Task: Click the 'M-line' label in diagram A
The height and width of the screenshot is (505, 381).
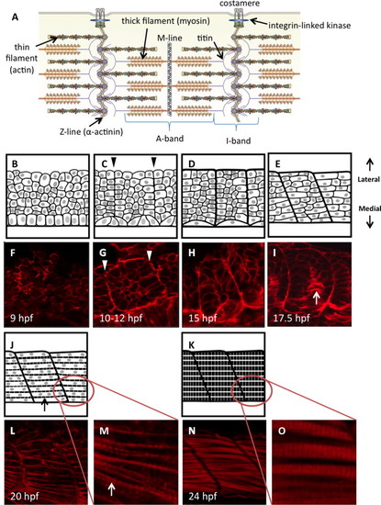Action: [x=170, y=38]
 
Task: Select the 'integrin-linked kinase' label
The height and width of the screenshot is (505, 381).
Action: [x=309, y=25]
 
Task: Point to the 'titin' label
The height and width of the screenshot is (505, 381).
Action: [x=205, y=38]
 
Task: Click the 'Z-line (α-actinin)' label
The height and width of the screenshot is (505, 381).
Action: [x=91, y=131]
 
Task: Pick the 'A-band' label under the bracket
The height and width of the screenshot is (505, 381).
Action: [x=170, y=139]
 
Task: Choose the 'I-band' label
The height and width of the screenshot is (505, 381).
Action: [x=239, y=140]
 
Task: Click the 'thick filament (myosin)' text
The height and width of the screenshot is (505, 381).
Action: [x=166, y=21]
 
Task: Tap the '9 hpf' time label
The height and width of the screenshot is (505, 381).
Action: [x=21, y=319]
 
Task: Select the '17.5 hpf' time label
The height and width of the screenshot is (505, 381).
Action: [x=291, y=319]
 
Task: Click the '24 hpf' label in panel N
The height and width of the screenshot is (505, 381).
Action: [x=203, y=496]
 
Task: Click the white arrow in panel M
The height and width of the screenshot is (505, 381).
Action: [x=111, y=488]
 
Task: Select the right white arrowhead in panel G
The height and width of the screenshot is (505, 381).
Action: [x=149, y=256]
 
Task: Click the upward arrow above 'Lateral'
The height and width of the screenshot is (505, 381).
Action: [x=370, y=166]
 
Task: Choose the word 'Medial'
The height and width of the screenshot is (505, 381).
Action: [x=369, y=208]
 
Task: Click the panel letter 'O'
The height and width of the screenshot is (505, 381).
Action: [x=282, y=431]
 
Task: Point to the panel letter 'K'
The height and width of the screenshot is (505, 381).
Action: [x=192, y=346]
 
